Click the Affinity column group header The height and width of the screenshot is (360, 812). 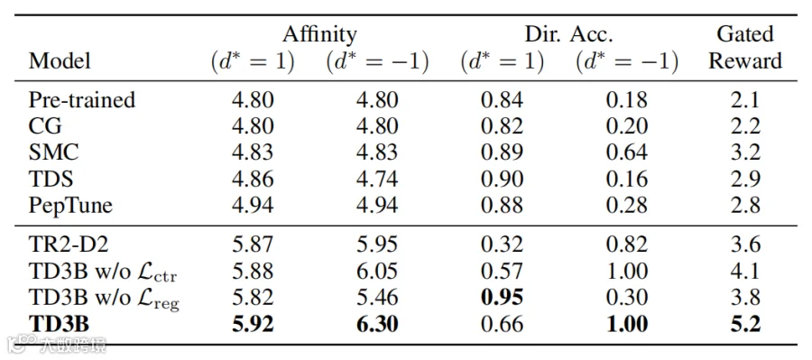319,34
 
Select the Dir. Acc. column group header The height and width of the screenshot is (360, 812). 569,34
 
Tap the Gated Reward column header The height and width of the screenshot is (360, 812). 744,48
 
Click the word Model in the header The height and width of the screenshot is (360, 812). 60,61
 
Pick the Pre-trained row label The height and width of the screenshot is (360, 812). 82,99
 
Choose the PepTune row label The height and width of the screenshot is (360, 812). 70,206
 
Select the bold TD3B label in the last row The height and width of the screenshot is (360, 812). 59,324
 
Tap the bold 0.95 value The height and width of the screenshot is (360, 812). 503,298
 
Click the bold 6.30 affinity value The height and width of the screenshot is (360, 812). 377,324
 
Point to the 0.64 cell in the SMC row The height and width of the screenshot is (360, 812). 627,152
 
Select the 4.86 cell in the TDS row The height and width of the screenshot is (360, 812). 253,179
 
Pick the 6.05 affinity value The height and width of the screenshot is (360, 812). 377,272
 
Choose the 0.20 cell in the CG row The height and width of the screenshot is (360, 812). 627,126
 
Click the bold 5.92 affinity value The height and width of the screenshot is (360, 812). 253,324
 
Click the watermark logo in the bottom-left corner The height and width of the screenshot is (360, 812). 21,342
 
